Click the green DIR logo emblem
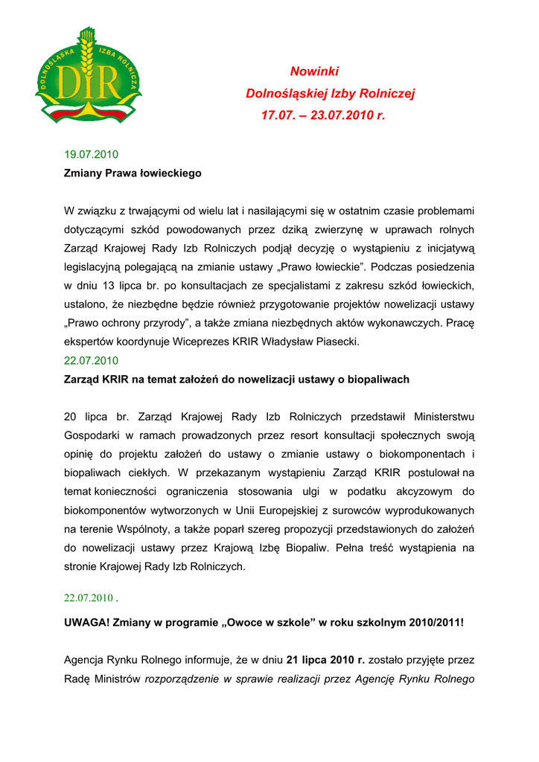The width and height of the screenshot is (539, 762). [88, 77]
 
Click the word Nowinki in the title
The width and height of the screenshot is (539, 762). [314, 71]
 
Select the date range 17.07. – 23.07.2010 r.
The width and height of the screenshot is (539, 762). [323, 116]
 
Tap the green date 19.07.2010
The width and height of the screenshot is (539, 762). [92, 155]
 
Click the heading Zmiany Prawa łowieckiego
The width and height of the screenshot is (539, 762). [133, 173]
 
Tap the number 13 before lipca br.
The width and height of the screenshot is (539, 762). [106, 286]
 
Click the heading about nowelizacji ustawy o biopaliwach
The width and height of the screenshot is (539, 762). [237, 380]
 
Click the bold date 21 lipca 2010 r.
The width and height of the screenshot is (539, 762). [326, 660]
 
